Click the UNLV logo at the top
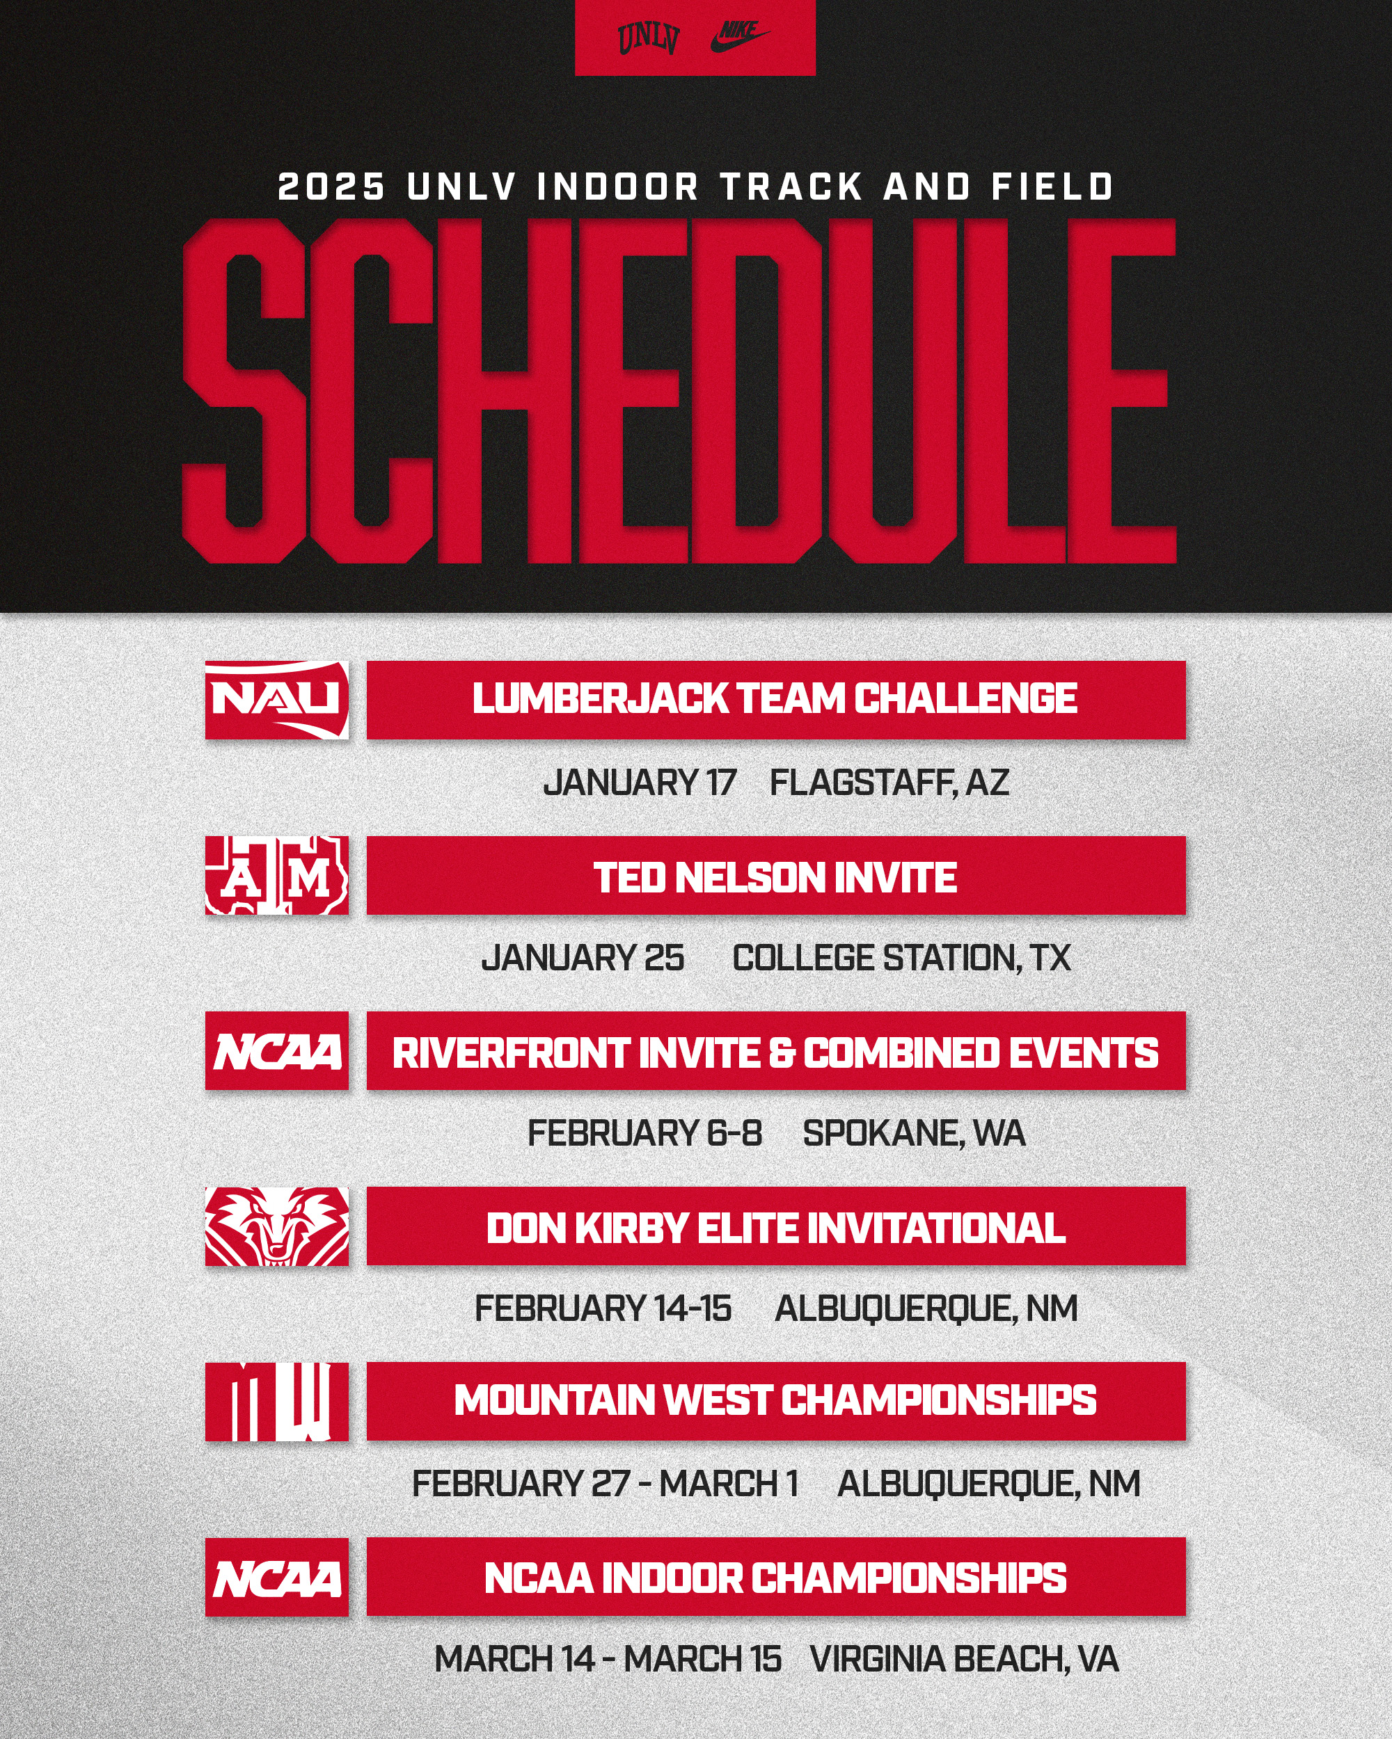(x=648, y=38)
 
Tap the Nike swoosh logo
(x=740, y=36)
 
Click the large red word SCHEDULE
(x=679, y=390)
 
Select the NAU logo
(x=277, y=699)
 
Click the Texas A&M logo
(x=277, y=875)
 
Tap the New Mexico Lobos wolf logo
(x=277, y=1226)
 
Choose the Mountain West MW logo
(x=277, y=1401)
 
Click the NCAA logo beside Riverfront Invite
(x=277, y=1051)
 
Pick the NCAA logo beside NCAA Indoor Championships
(x=277, y=1577)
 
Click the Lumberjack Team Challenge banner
(x=776, y=699)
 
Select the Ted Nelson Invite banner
(x=776, y=875)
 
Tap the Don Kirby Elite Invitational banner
(x=776, y=1226)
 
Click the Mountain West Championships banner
(x=776, y=1401)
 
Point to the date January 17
(x=640, y=783)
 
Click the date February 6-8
(x=644, y=1133)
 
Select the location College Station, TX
(x=901, y=959)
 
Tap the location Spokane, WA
(x=915, y=1133)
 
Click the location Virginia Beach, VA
(x=965, y=1659)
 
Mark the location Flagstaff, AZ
(x=889, y=783)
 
